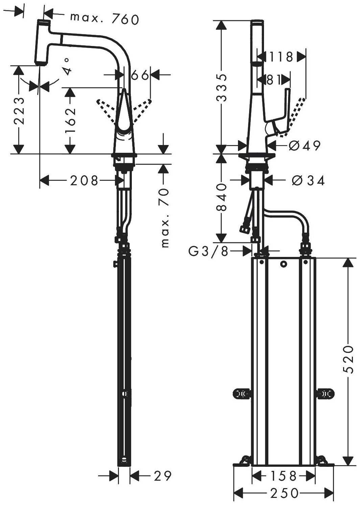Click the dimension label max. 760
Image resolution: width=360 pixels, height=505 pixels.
point(104,19)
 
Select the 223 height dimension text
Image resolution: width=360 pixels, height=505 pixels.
point(19,111)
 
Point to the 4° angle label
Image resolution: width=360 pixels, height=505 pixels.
point(67,66)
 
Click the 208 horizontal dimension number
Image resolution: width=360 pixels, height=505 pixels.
point(84,181)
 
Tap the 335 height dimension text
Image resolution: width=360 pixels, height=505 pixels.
point(221,88)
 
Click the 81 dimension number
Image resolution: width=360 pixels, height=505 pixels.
point(273,79)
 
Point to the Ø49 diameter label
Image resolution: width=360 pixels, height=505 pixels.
point(305,145)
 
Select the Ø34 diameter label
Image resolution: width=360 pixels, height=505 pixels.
point(308,181)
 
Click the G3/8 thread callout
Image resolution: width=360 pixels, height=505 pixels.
point(208,251)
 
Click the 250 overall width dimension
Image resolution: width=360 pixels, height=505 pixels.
point(284,491)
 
